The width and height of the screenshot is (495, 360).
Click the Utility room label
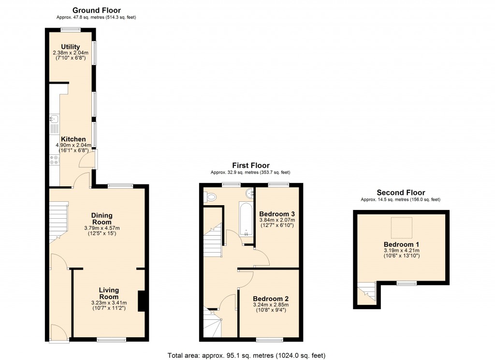pyautogui.click(x=70, y=47)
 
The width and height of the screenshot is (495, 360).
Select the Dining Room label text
pyautogui.click(x=102, y=219)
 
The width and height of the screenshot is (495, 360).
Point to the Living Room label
pyautogui.click(x=109, y=293)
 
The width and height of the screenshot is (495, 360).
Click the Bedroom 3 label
pyautogui.click(x=277, y=214)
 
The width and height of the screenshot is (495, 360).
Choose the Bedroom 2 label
pyautogui.click(x=270, y=299)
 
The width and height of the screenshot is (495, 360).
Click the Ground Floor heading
pyautogui.click(x=96, y=10)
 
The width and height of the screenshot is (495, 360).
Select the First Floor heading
pyautogui.click(x=250, y=165)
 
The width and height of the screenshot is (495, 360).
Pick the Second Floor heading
pyautogui.click(x=400, y=193)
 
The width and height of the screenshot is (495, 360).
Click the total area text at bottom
pyautogui.click(x=250, y=355)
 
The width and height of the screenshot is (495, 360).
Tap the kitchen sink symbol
pyautogui.click(x=53, y=119)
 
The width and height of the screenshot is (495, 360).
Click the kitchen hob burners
pyautogui.click(x=53, y=160)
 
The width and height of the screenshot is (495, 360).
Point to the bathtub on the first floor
pyautogui.click(x=246, y=219)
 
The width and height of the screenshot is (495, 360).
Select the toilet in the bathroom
pyautogui.click(x=210, y=197)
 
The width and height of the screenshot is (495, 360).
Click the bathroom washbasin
pyautogui.click(x=250, y=194)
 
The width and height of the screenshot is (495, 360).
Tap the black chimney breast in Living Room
pyautogui.click(x=141, y=301)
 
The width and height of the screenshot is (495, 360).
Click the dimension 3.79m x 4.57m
pyautogui.click(x=102, y=228)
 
